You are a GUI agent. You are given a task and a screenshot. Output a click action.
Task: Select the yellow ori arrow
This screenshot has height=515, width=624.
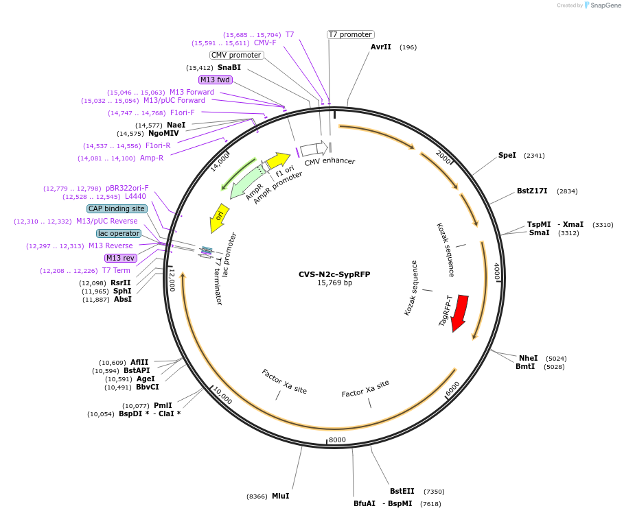pyautogui.click(x=219, y=217)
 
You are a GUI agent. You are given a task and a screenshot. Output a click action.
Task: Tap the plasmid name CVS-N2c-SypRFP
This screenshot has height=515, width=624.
pyautogui.click(x=334, y=274)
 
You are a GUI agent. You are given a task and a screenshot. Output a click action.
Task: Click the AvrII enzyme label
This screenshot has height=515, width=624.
pyautogui.click(x=380, y=47)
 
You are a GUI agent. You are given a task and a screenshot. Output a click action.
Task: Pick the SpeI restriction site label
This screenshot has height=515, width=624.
pyautogui.click(x=507, y=156)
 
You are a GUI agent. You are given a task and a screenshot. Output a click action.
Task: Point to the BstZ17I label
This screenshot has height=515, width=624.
pyautogui.click(x=532, y=191)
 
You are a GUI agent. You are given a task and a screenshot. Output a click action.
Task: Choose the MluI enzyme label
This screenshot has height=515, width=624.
pyautogui.click(x=280, y=496)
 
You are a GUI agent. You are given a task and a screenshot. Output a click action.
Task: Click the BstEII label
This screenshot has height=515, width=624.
pyautogui.click(x=402, y=491)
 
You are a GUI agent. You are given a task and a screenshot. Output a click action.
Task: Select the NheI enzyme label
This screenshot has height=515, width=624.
pyautogui.click(x=528, y=358)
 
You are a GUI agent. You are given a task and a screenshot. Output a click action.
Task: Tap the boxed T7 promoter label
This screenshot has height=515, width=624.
pyautogui.click(x=349, y=34)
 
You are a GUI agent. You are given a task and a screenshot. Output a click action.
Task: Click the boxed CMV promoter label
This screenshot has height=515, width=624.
pyautogui.click(x=236, y=55)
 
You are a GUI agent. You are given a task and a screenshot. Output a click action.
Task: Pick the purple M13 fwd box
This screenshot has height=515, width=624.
pyautogui.click(x=215, y=80)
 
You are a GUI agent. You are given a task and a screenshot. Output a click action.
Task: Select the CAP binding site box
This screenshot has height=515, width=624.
pyautogui.click(x=117, y=208)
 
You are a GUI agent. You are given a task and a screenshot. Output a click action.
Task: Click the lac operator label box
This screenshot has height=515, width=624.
pyautogui.click(x=119, y=233)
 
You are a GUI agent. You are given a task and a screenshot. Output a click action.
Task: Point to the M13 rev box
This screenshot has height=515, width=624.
pyautogui.click(x=119, y=258)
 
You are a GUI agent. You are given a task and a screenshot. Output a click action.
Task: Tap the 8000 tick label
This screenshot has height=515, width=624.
pyautogui.click(x=337, y=440)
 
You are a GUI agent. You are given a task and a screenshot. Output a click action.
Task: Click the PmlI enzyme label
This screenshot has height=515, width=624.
pyautogui.click(x=163, y=405)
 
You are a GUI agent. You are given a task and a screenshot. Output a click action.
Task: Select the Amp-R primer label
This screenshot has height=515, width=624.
pyautogui.click(x=152, y=158)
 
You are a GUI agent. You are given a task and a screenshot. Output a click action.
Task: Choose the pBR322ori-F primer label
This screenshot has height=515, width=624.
pyautogui.click(x=127, y=188)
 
